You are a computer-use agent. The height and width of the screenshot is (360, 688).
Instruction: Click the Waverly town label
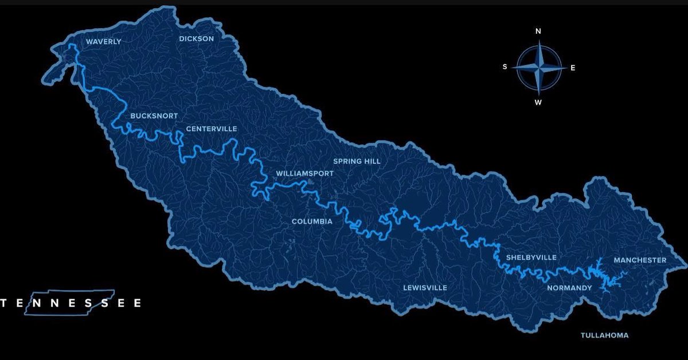click(104, 42)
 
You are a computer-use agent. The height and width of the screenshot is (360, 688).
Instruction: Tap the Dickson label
click(196, 39)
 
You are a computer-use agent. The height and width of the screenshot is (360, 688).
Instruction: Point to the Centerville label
click(212, 129)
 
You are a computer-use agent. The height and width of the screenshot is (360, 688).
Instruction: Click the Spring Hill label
click(357, 162)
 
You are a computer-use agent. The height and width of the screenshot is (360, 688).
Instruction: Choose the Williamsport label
click(304, 173)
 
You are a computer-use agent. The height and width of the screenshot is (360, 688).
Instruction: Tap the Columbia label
click(312, 221)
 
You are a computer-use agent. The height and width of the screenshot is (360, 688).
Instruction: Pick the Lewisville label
click(425, 288)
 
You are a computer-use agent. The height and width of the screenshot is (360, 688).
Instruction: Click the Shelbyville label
click(531, 257)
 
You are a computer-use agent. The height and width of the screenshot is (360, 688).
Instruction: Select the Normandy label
click(569, 288)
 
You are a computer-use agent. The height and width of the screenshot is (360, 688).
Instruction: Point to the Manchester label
click(640, 260)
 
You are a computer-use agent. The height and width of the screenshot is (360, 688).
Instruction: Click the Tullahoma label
click(604, 335)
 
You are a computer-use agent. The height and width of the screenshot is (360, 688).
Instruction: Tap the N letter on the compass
click(538, 32)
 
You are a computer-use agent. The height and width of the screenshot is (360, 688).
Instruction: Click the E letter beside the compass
click(572, 68)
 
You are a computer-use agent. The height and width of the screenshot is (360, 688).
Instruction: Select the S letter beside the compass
click(505, 66)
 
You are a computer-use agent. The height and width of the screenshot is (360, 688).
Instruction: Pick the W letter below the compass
click(538, 103)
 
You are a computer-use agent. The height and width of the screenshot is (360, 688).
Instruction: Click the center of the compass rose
click(538, 68)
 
